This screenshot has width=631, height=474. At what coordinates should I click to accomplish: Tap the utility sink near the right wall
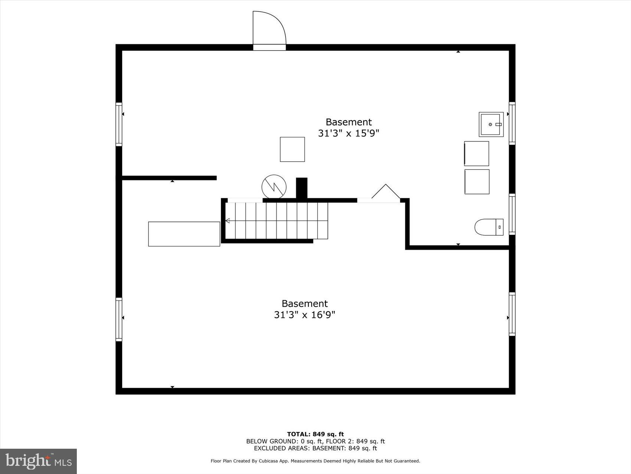coord(491,125)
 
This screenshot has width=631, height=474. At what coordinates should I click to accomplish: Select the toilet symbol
coord(488,227)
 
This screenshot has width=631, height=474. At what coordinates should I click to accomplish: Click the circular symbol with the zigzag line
coord(274,187)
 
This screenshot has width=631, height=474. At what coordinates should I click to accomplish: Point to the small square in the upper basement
coord(292,149)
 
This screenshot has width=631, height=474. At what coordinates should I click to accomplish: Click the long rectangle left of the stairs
coord(184,234)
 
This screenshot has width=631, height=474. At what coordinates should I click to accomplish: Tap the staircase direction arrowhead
coord(228,221)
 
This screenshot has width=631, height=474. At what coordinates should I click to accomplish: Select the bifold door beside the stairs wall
coord(386,192)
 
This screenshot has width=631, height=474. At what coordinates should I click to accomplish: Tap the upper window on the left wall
coord(119,124)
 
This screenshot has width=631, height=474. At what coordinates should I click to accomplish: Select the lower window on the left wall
coord(119,319)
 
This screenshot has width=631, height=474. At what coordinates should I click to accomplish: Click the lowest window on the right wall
coord(512,314)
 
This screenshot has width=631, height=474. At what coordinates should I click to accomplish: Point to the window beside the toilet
coord(512,214)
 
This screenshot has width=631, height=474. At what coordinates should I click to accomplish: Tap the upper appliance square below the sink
coord(477,154)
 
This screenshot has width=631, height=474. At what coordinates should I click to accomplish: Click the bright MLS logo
coord(38,461)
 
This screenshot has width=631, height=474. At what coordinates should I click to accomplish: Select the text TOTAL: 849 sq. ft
coord(315,434)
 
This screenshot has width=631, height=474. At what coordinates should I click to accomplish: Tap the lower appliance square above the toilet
coord(477,182)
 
